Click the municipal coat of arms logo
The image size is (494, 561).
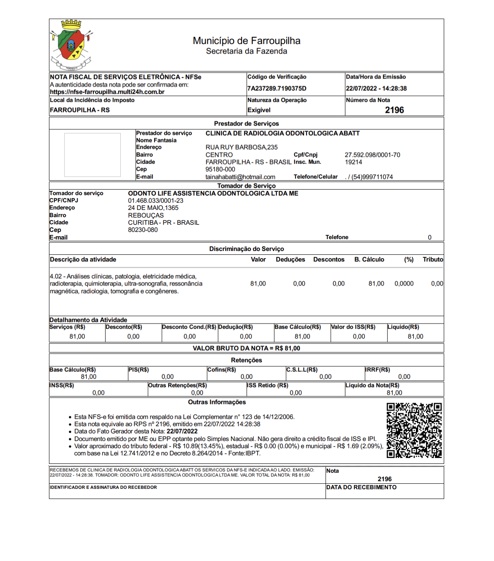tap(71, 45)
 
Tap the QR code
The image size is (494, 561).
tap(414, 430)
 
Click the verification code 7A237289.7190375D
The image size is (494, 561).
tap(277, 89)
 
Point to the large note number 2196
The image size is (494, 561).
tap(394, 110)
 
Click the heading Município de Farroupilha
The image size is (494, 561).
tap(247, 41)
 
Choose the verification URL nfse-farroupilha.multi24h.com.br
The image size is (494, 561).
tap(107, 92)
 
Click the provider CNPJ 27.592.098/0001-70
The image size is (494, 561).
tap(372, 155)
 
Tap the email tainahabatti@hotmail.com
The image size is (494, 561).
tap(240, 177)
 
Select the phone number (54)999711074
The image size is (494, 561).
tap(372, 177)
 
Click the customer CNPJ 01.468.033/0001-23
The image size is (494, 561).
tap(155, 201)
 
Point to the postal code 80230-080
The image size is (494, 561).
tap(143, 230)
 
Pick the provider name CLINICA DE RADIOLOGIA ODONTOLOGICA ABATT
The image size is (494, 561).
tap(282, 133)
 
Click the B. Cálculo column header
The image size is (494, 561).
tap(369, 260)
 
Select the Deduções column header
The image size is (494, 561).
tap(290, 260)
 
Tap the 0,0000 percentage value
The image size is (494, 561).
tap(404, 284)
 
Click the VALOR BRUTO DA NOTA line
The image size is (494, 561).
tap(246, 349)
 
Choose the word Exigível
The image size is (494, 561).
tap(259, 110)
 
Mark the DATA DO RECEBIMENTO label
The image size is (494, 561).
tap(361, 487)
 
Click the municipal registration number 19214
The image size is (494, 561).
tap(353, 162)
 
